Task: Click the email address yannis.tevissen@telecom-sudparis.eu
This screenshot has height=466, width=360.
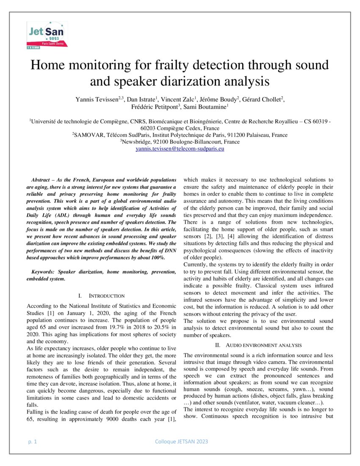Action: tap(180, 149)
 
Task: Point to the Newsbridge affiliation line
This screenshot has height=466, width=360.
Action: tap(180, 142)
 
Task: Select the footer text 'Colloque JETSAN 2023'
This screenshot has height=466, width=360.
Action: tap(182, 442)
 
